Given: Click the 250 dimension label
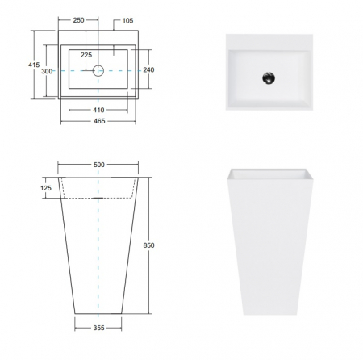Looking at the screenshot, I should pyautogui.click(x=78, y=19).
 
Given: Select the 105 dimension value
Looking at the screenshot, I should pyautogui.click(x=127, y=19).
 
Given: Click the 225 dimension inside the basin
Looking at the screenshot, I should pyautogui.click(x=86, y=55).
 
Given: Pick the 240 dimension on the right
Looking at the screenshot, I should pyautogui.click(x=148, y=70).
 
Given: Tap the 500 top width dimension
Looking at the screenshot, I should pyautogui.click(x=98, y=164).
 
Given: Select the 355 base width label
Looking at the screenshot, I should pyautogui.click(x=98, y=329).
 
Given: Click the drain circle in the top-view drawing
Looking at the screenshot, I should pyautogui.click(x=98, y=70).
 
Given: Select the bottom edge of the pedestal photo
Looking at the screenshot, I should pyautogui.click(x=269, y=314).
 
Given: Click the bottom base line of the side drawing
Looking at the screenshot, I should pyautogui.click(x=98, y=314).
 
